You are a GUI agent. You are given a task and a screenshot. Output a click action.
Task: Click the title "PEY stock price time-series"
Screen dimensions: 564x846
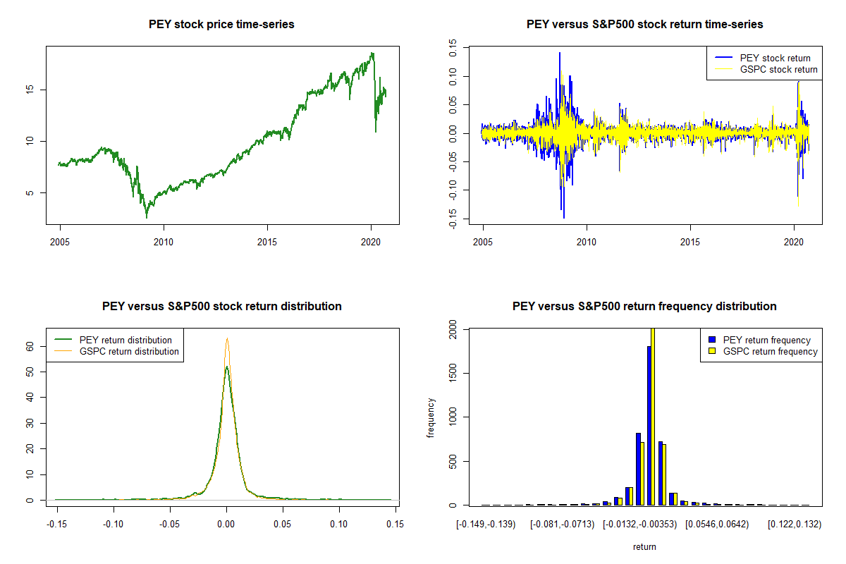coord(221,25)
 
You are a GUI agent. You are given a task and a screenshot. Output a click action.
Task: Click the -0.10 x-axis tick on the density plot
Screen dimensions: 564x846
coord(113,525)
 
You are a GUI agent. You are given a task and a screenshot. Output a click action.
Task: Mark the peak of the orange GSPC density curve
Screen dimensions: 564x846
coord(227,339)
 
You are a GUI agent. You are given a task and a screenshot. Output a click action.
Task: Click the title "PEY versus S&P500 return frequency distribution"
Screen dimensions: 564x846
coord(644,307)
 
